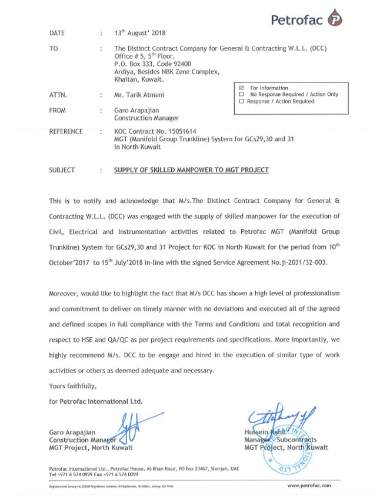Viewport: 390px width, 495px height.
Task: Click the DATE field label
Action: click(57, 34)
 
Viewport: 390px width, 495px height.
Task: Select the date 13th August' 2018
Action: click(140, 33)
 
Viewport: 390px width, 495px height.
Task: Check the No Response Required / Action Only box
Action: click(241, 95)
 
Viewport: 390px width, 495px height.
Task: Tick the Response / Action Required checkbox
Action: click(241, 101)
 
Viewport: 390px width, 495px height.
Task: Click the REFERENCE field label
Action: click(66, 132)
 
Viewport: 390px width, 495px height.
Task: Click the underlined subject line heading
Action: click(191, 170)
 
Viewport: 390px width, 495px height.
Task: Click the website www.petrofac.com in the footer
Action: click(309, 486)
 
